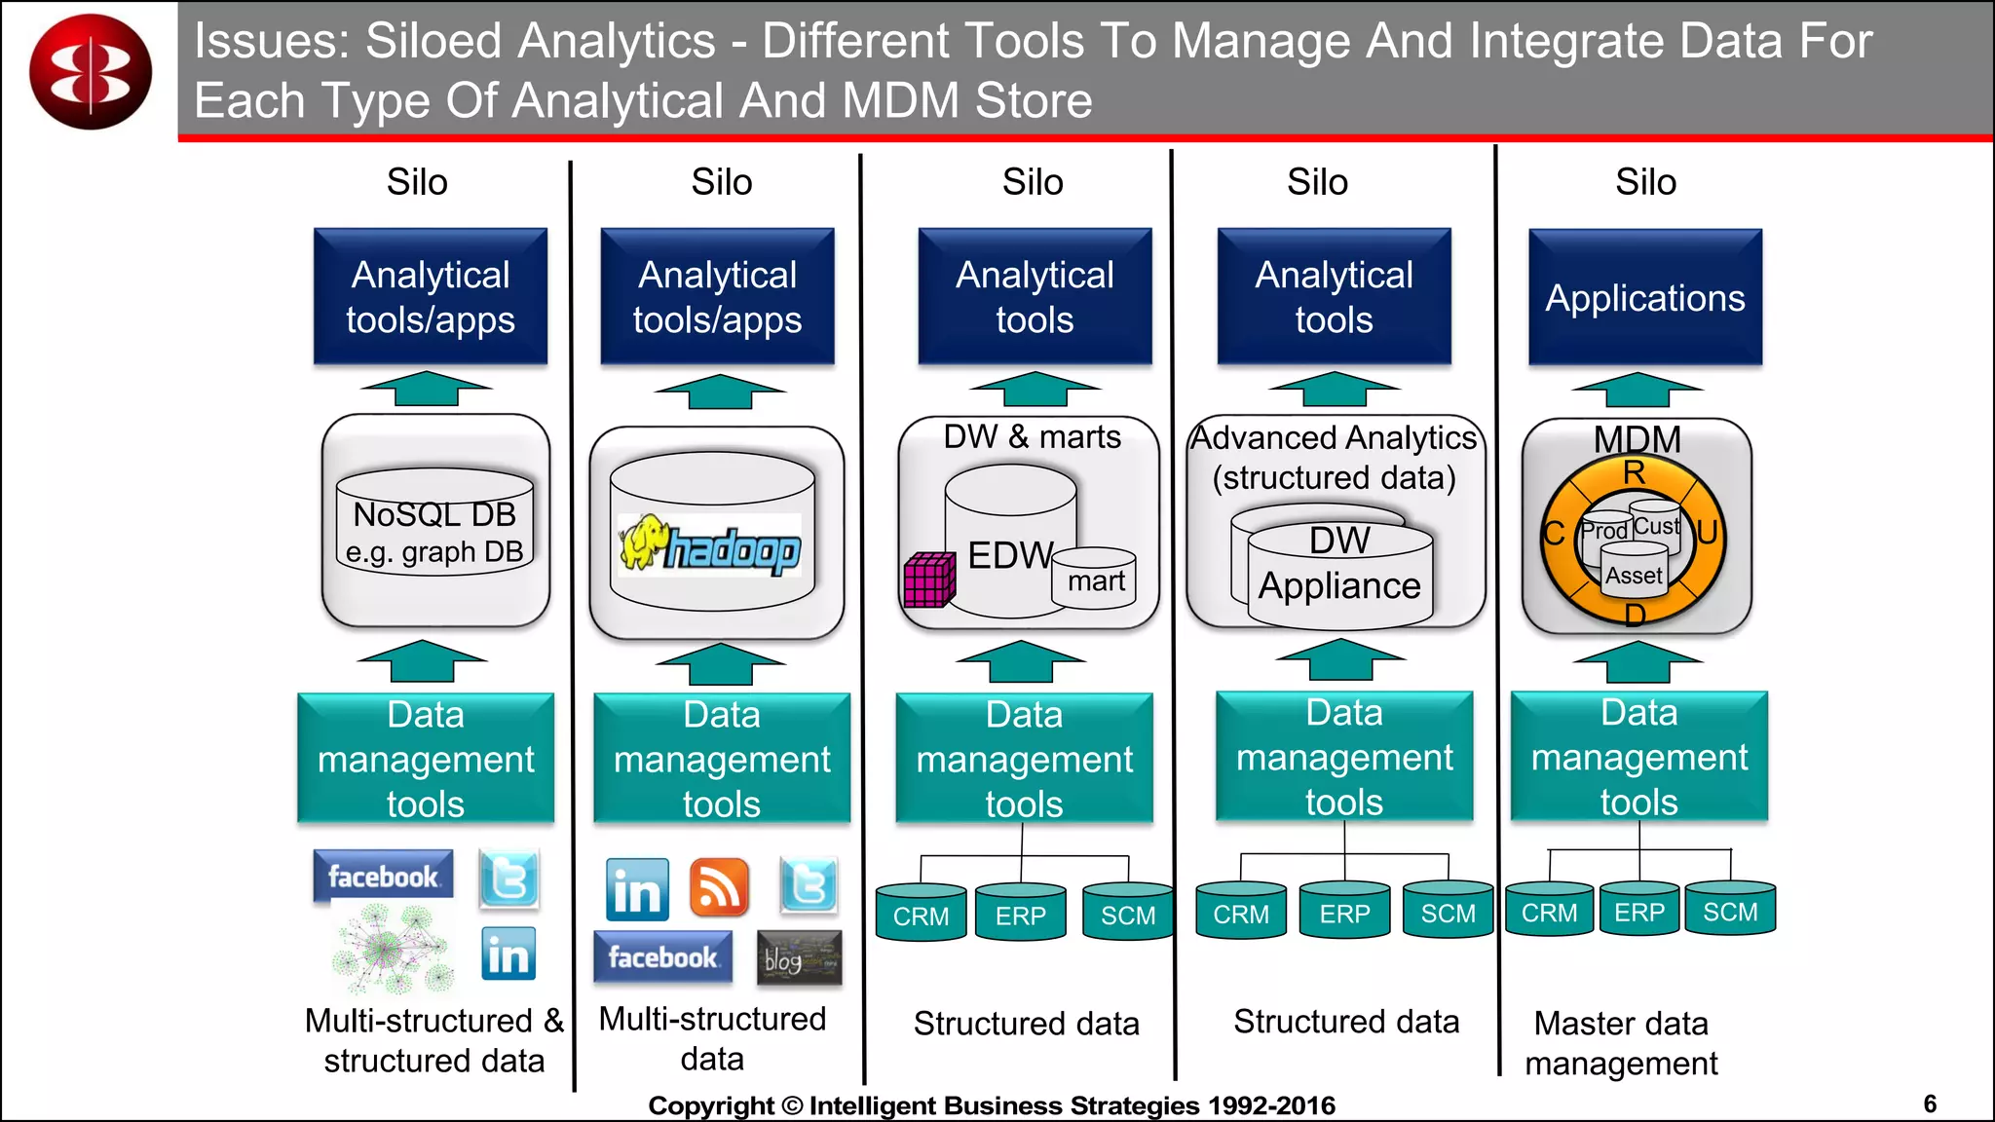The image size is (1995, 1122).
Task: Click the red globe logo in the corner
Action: (91, 72)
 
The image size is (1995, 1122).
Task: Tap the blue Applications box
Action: (1644, 297)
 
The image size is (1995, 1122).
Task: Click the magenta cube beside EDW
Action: (928, 580)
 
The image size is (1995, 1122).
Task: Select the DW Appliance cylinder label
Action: (1339, 565)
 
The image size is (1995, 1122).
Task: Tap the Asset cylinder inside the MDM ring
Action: (1634, 576)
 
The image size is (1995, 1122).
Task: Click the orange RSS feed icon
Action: (719, 887)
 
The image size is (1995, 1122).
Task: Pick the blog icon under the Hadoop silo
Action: (799, 958)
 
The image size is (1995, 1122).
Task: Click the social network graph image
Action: (393, 949)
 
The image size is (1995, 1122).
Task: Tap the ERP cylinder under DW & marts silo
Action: (1020, 914)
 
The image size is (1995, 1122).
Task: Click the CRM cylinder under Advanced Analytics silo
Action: (1240, 913)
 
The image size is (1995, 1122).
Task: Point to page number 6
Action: (1930, 1103)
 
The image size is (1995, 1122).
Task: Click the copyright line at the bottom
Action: (991, 1105)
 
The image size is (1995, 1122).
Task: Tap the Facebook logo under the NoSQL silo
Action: (383, 876)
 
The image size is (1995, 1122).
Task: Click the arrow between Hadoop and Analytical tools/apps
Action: (719, 392)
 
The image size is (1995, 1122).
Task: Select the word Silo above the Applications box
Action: (1645, 182)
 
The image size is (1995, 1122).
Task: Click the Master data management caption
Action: (1621, 1043)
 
